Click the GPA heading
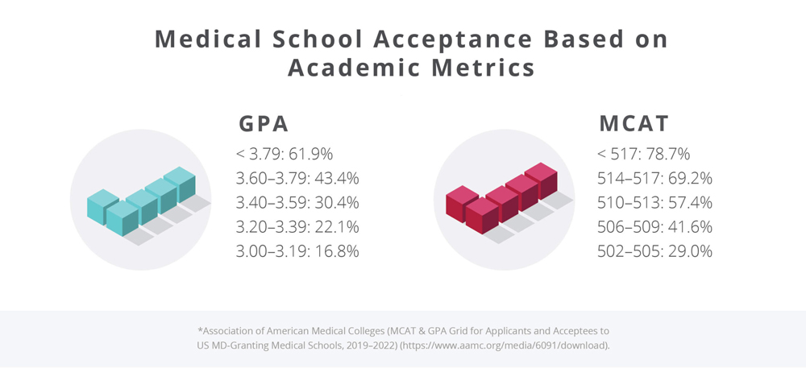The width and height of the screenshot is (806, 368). [x=264, y=125]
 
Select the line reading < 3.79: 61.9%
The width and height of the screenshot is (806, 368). [x=285, y=155]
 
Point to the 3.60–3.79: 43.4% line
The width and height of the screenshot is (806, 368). [x=297, y=179]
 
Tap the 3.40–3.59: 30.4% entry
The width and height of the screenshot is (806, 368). [x=297, y=203]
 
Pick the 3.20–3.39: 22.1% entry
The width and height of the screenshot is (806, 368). [x=297, y=227]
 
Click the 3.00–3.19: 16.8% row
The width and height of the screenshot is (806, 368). [x=297, y=251]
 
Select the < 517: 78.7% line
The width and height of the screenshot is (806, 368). [x=643, y=155]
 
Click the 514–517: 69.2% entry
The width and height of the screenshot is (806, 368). [x=654, y=179]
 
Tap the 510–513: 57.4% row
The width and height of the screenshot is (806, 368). [x=654, y=203]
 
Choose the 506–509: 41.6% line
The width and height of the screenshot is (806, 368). [x=654, y=227]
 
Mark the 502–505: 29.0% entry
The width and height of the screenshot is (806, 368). [x=654, y=251]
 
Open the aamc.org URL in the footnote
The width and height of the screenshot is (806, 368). [x=527, y=344]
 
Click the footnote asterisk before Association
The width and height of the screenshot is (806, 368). [x=199, y=329]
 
